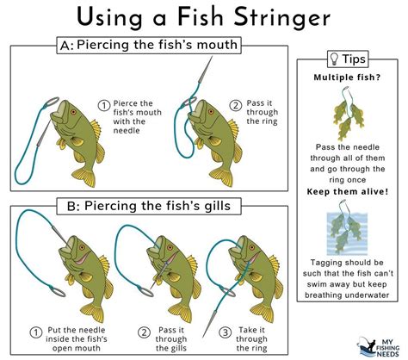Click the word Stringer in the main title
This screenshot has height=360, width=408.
point(282,18)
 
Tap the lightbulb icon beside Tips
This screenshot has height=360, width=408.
point(334,59)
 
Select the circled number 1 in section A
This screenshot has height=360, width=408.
point(103,106)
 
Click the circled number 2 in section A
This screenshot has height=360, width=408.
point(235,106)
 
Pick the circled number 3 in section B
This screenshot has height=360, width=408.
point(225,332)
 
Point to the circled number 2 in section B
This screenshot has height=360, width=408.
point(144,332)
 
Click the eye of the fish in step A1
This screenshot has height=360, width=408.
point(73,112)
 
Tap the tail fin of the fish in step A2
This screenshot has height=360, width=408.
point(221,177)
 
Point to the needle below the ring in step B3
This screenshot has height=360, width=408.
point(209,322)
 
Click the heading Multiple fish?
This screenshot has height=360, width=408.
point(347,78)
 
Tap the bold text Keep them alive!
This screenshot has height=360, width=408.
point(348,191)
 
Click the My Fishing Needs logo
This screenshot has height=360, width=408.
point(379,347)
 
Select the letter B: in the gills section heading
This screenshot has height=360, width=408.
point(73,207)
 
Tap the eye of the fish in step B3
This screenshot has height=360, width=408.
point(252,247)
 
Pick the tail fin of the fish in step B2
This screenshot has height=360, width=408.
point(181,313)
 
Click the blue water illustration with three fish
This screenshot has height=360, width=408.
point(347,233)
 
